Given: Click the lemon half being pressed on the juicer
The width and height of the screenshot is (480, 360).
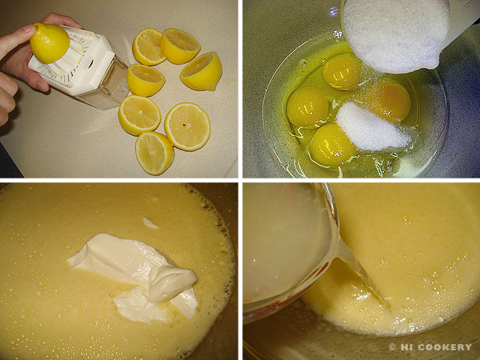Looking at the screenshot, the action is tap(49, 43).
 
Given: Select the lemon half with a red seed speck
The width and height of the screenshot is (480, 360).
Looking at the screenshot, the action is tap(187, 127).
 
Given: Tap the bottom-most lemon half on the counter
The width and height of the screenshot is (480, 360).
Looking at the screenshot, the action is tap(154, 153).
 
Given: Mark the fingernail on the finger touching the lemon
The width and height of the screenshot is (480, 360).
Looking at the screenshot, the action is tap(30, 28).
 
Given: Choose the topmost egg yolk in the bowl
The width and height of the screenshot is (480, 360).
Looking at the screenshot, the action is tap(342, 71).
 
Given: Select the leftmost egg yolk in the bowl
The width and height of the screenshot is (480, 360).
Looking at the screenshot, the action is tap(307, 106).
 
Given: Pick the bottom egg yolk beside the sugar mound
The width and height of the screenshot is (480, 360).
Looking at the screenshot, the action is tap(331, 145).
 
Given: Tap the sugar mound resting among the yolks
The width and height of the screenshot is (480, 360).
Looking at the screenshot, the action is tap(372, 127).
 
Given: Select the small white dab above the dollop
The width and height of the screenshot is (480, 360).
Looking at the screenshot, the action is tap(150, 223).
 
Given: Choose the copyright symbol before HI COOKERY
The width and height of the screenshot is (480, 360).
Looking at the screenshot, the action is tap(392, 346).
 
